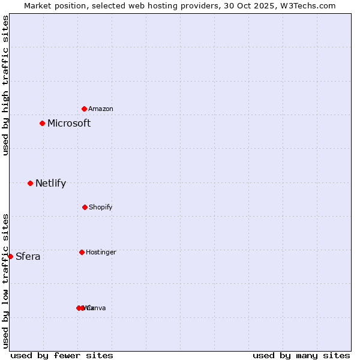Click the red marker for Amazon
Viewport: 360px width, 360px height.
click(x=85, y=109)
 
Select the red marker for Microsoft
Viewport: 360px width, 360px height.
click(x=42, y=123)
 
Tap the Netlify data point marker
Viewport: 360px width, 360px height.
click(x=30, y=183)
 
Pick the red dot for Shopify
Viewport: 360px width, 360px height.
click(x=85, y=207)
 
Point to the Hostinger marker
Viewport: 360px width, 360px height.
click(x=82, y=252)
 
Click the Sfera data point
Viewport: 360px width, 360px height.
click(x=10, y=256)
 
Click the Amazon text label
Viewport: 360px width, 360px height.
click(x=101, y=109)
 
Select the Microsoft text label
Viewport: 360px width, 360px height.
click(x=69, y=123)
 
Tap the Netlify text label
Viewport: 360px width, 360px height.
click(x=50, y=184)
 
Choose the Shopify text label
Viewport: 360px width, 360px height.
click(x=101, y=208)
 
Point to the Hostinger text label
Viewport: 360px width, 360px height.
click(x=101, y=253)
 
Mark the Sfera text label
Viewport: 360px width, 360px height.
click(x=28, y=257)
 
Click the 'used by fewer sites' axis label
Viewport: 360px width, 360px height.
click(x=62, y=355)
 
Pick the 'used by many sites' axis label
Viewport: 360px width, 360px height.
click(x=301, y=355)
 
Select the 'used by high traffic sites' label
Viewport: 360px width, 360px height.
click(x=5, y=85)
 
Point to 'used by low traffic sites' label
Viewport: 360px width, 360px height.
click(x=5, y=281)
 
